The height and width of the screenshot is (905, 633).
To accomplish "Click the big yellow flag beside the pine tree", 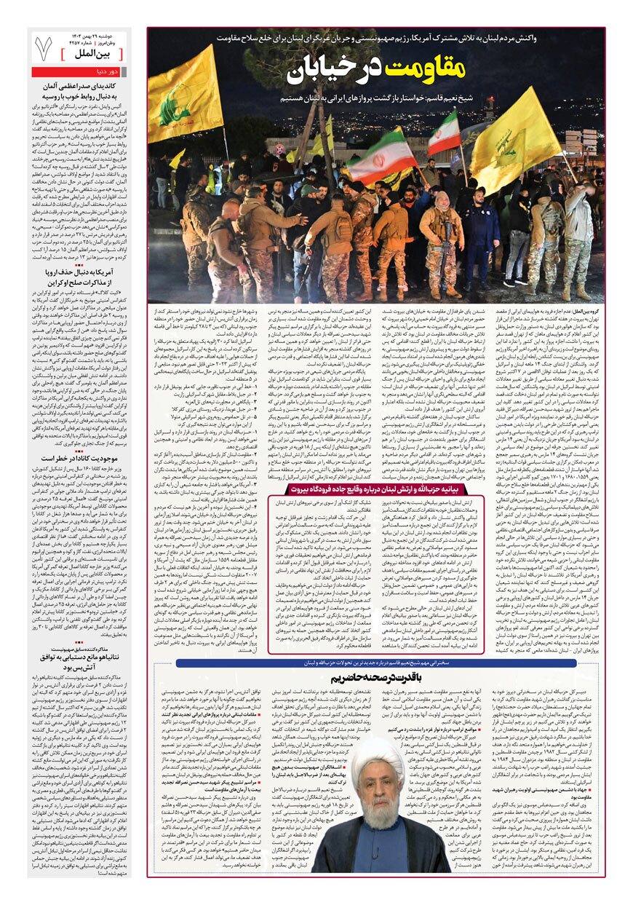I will (x=184, y=95).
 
